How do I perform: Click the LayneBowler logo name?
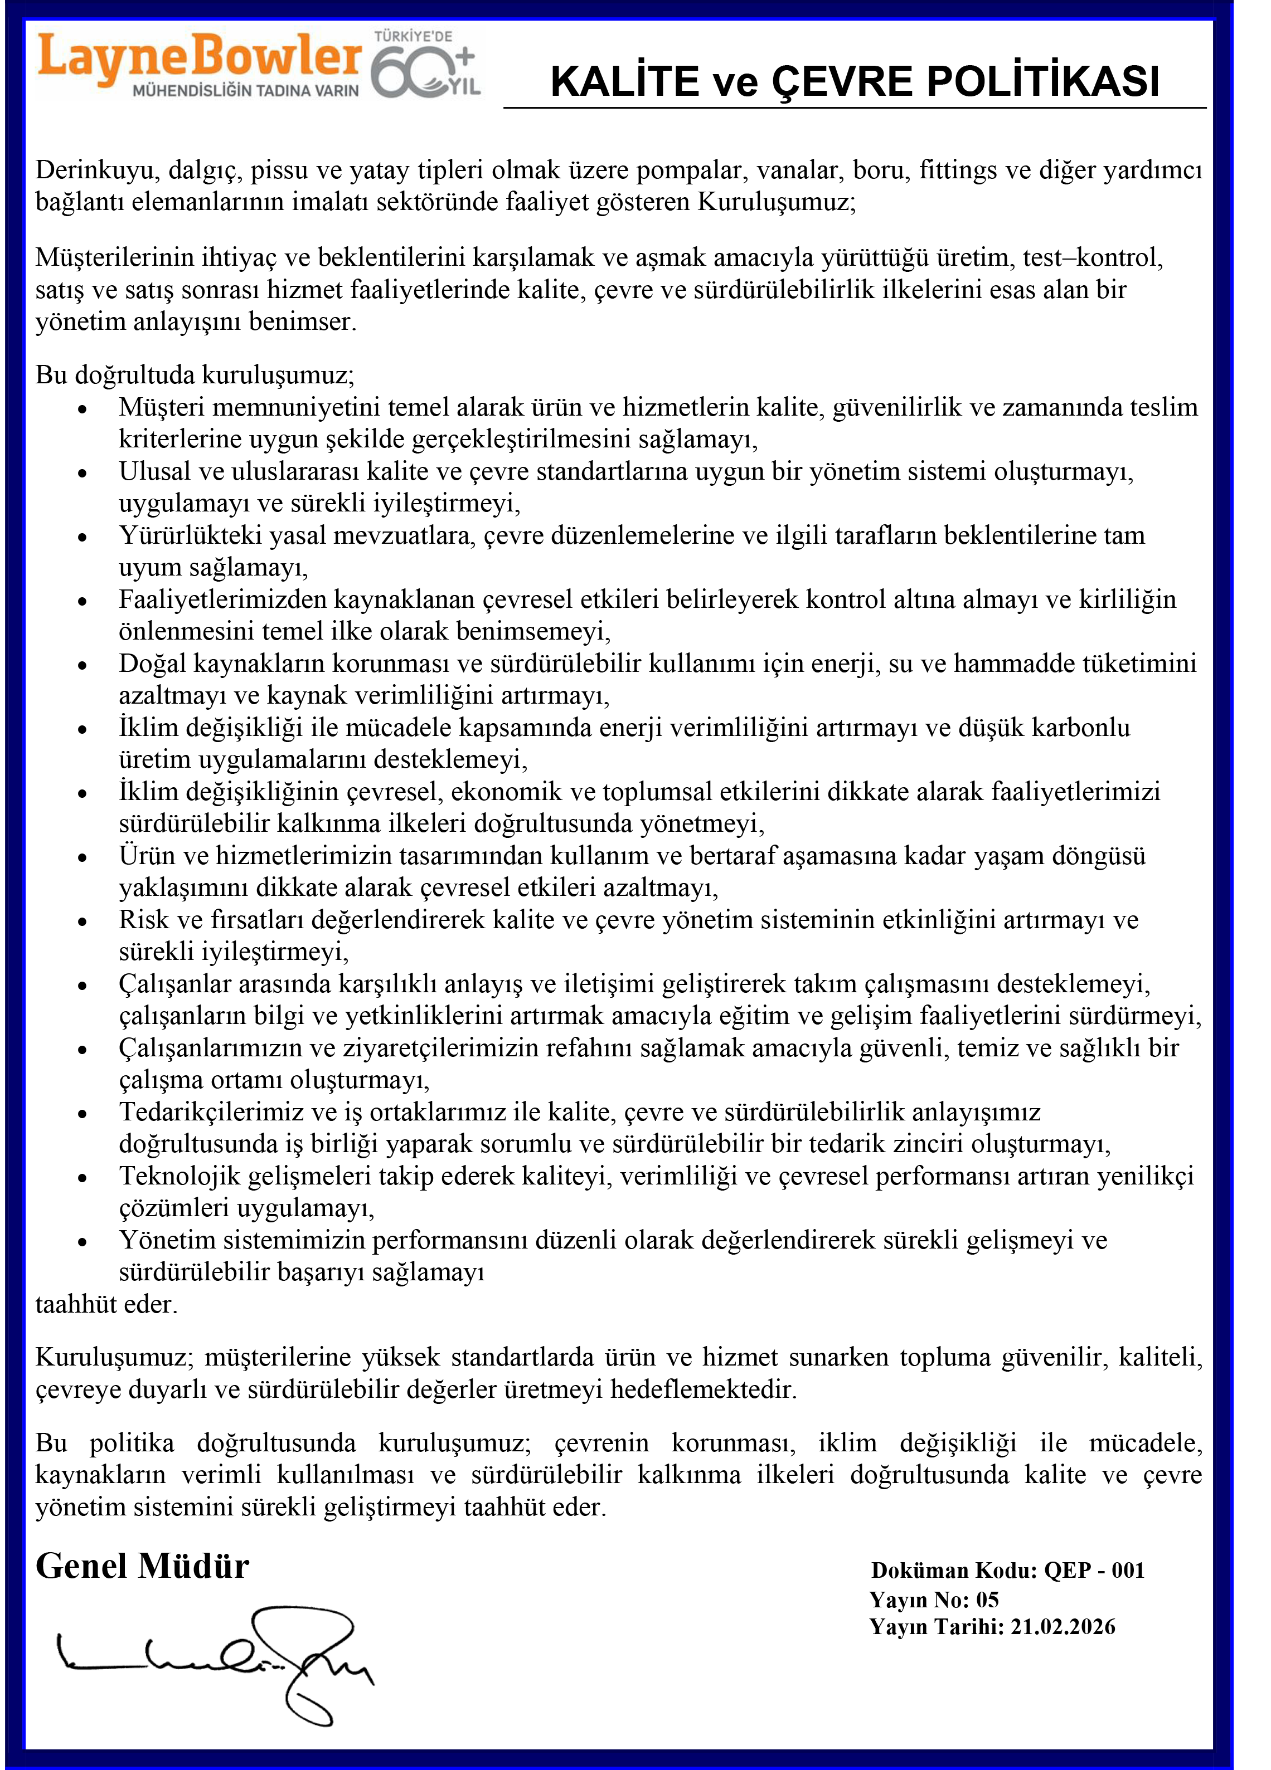point(199,56)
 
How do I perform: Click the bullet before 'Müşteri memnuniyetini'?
point(82,409)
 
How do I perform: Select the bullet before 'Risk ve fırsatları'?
point(82,921)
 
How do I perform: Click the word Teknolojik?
point(180,1176)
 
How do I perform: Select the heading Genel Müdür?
point(142,1566)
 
